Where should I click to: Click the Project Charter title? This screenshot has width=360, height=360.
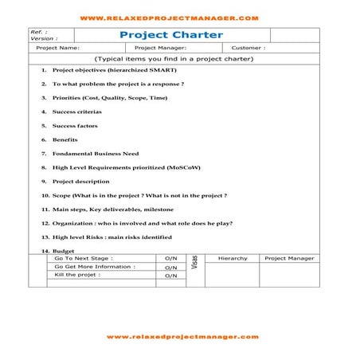click(170, 35)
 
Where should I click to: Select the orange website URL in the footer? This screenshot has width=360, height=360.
click(182, 336)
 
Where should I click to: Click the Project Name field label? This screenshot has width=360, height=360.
click(58, 48)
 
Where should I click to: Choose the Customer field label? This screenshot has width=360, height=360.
click(242, 48)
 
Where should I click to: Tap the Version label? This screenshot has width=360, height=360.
click(44, 38)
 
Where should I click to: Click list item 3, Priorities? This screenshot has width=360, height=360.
click(104, 97)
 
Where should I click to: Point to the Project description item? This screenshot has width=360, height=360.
click(80, 182)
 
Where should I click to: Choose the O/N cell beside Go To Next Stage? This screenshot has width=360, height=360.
click(170, 259)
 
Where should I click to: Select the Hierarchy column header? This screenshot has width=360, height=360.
click(233, 258)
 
